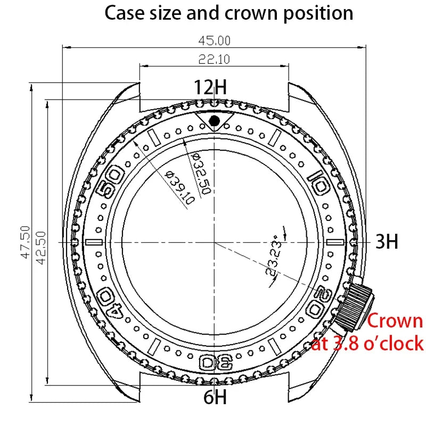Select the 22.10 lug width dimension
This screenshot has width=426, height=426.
click(x=214, y=60)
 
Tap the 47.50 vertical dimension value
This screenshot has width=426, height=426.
click(x=26, y=242)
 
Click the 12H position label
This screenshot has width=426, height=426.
click(x=210, y=87)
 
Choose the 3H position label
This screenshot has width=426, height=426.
click(x=387, y=242)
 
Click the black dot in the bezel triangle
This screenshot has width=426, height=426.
click(x=214, y=121)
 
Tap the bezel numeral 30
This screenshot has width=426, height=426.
click(x=214, y=362)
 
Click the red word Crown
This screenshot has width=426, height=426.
click(x=395, y=321)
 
